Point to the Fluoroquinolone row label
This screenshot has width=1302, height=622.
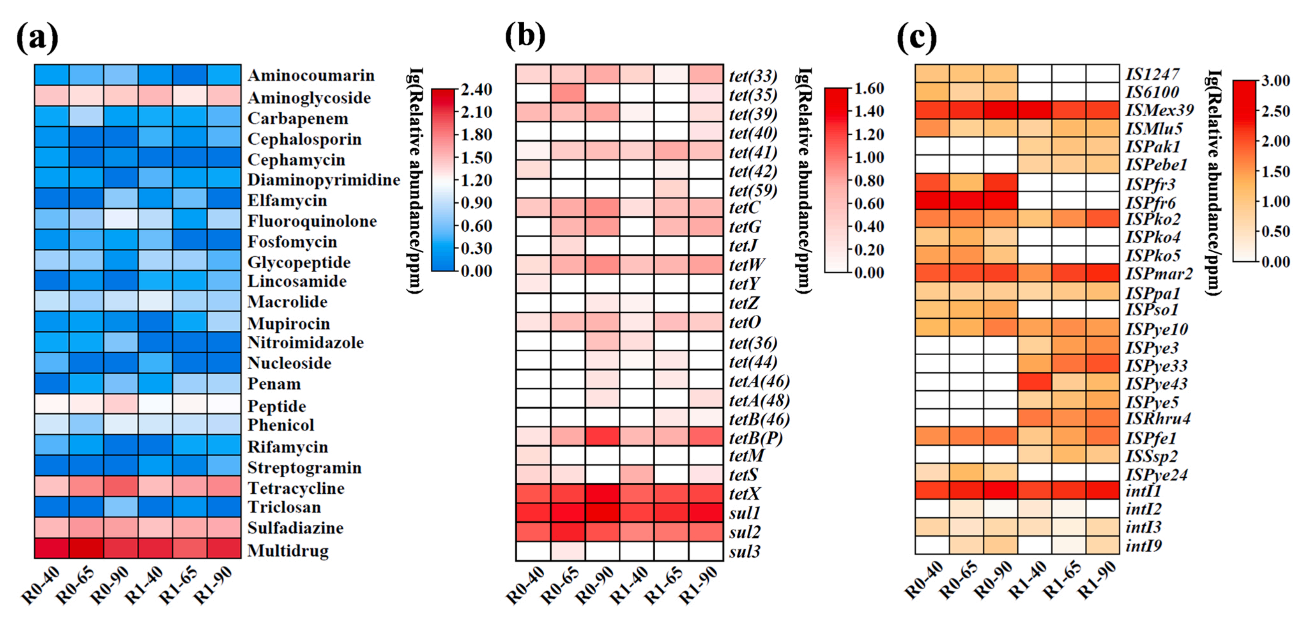[312, 221]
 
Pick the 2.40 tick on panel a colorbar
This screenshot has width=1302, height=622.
[476, 89]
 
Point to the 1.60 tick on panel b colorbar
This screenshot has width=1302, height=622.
[869, 88]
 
